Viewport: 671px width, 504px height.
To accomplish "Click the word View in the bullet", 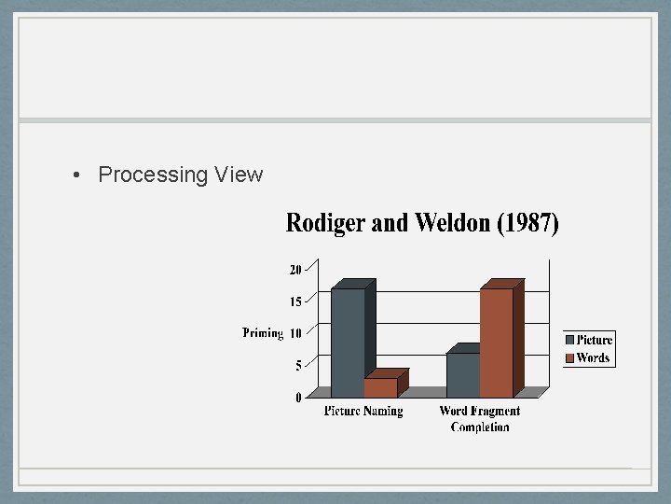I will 239,175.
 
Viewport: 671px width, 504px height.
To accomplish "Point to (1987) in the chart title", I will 529,224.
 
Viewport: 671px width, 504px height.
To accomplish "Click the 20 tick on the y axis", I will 295,270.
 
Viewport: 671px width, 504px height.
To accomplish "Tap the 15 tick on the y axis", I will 295,301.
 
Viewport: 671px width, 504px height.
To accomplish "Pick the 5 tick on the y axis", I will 298,366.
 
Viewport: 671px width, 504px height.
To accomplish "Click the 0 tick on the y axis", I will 298,398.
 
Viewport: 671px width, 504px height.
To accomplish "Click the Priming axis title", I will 263,333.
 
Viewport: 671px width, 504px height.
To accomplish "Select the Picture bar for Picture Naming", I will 348,342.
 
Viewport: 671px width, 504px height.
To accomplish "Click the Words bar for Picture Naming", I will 381,386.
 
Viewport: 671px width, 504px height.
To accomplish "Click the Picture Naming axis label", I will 363,411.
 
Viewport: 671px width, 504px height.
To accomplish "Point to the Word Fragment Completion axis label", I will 480,418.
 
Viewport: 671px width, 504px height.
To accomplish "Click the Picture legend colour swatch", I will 570,341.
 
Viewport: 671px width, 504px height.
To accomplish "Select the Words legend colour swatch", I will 570,357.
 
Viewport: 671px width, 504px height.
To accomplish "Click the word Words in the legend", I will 593,357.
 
